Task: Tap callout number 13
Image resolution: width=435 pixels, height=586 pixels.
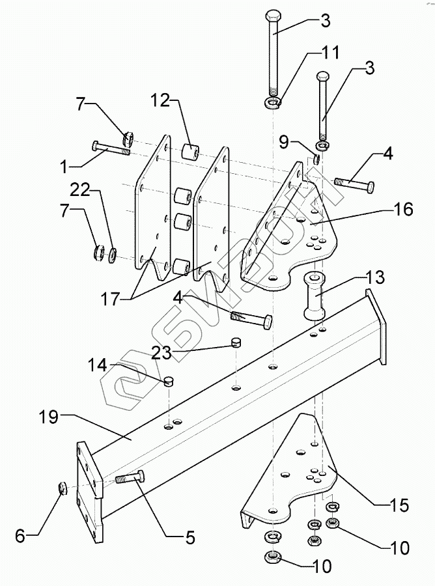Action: (x=374, y=277)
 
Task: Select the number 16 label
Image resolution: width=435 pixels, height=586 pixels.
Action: (x=402, y=209)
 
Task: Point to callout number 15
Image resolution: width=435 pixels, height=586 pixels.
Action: (x=399, y=505)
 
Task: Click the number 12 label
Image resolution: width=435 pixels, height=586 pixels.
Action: (x=161, y=100)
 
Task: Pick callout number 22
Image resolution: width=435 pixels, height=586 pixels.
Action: (x=81, y=191)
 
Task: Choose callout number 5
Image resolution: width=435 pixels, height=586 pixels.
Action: (x=190, y=538)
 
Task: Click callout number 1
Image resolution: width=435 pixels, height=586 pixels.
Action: (x=64, y=167)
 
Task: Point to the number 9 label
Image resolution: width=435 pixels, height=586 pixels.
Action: (x=285, y=143)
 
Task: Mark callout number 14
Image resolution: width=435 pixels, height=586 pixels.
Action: (x=98, y=365)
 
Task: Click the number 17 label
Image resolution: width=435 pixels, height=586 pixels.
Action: (x=110, y=299)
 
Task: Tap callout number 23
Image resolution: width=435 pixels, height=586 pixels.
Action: (x=161, y=352)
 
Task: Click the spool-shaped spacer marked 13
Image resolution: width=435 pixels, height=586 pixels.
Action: (x=315, y=296)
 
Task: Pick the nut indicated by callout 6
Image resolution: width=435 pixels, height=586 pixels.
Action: (x=63, y=488)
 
